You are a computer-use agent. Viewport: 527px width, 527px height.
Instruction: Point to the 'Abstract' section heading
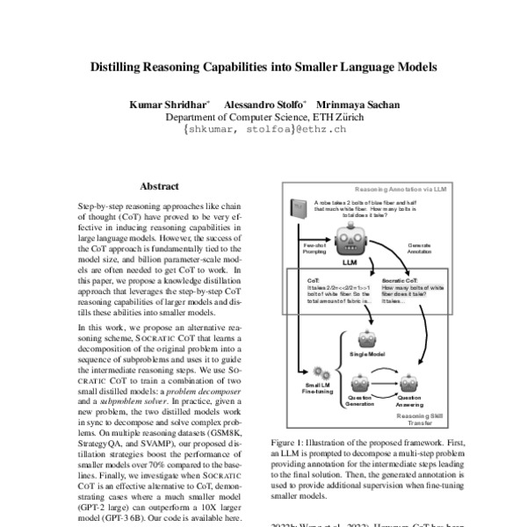159,186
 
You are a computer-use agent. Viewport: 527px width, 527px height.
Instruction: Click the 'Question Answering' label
410,401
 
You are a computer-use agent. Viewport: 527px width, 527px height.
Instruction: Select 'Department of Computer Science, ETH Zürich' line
264,117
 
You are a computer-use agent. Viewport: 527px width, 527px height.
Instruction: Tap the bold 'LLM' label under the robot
350,262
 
